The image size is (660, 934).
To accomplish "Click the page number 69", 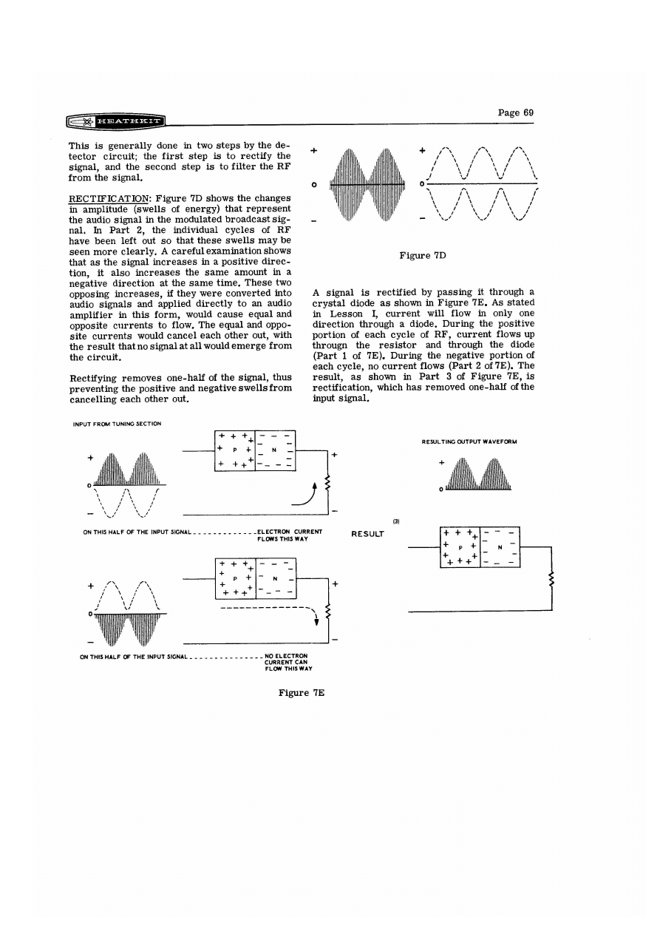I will [516, 112].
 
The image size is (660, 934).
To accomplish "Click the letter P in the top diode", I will [234, 450].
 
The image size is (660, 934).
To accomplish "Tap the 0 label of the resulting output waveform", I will [440, 490].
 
